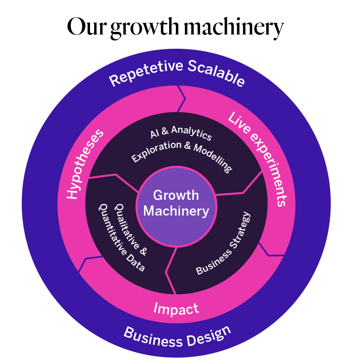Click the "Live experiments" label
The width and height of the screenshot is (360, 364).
[x=259, y=158]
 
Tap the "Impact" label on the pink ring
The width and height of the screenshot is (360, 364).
[x=176, y=309]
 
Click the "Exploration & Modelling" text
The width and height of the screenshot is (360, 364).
[x=181, y=152]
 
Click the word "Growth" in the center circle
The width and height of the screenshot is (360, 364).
[x=176, y=195]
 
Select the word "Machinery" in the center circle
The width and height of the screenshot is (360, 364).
[x=176, y=211]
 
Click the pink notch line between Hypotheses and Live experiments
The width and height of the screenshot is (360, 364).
[x=181, y=99]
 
